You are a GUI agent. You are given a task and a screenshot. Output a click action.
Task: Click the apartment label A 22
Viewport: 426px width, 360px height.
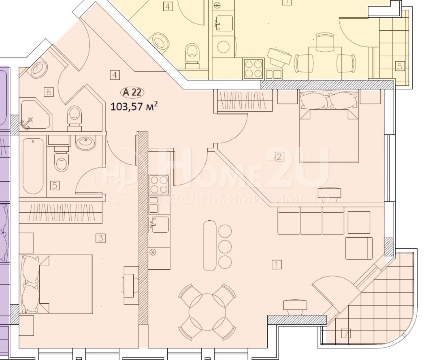tap(132, 92)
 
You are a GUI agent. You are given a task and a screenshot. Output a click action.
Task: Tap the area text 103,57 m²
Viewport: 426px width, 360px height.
tap(134, 106)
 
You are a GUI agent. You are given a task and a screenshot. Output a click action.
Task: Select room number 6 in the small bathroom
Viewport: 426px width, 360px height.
tap(49, 92)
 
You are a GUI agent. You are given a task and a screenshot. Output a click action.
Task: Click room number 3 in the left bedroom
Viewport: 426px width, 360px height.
tap(100, 239)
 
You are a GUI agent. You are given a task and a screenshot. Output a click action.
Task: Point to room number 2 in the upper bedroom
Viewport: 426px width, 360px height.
tap(279, 157)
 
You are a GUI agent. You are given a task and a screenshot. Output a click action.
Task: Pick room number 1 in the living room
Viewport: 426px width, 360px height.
tap(276, 264)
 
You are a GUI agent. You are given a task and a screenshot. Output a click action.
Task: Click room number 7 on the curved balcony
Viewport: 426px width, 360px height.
tap(346, 333)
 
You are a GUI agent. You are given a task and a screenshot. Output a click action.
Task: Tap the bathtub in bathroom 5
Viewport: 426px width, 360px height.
tap(33, 166)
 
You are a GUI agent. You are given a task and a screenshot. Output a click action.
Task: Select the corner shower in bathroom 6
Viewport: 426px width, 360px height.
tap(36, 114)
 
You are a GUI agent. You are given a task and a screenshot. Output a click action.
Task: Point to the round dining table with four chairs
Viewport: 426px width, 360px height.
tap(207, 312)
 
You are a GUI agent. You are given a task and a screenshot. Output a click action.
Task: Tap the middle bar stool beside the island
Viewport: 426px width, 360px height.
tap(225, 247)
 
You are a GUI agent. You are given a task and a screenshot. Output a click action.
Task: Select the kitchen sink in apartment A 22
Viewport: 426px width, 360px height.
tap(159, 224)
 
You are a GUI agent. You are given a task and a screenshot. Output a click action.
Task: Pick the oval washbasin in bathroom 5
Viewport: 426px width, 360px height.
tap(86, 143)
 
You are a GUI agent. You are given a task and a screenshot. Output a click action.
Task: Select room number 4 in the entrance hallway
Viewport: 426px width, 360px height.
tap(115, 75)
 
